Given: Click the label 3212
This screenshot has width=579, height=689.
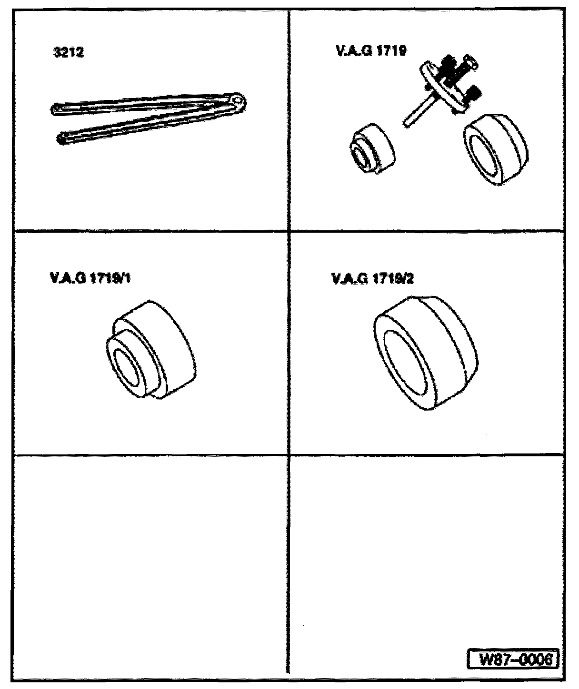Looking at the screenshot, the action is [x=69, y=52].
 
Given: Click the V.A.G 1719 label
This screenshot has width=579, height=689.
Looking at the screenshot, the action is [x=371, y=51].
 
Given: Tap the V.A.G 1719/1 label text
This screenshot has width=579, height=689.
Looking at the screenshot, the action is [x=90, y=278].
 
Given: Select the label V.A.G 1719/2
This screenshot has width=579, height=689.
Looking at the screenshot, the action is [x=372, y=279].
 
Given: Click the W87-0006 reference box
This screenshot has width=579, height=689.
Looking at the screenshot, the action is [x=513, y=659].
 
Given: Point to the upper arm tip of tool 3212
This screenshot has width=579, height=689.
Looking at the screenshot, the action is [x=56, y=108].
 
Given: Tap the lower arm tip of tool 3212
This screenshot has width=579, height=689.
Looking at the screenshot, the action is [x=61, y=138].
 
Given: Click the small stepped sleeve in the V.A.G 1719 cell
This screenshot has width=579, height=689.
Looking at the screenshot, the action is [x=372, y=149].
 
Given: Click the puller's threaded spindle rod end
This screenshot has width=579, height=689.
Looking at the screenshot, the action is [x=407, y=123].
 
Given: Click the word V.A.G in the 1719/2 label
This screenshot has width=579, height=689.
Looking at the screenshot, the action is [x=350, y=279].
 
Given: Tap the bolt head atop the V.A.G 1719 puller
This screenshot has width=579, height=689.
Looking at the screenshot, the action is [x=470, y=61].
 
